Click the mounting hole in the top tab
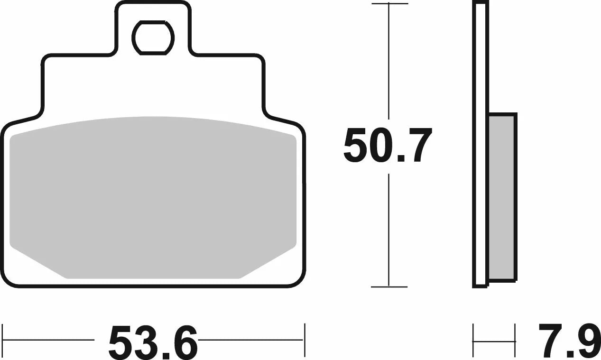point(153,38)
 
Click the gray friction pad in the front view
point(153,197)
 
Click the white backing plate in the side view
point(480,145)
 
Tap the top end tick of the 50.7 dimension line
point(389,3)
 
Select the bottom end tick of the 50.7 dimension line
point(389,287)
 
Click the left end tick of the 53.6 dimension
point(2,340)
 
